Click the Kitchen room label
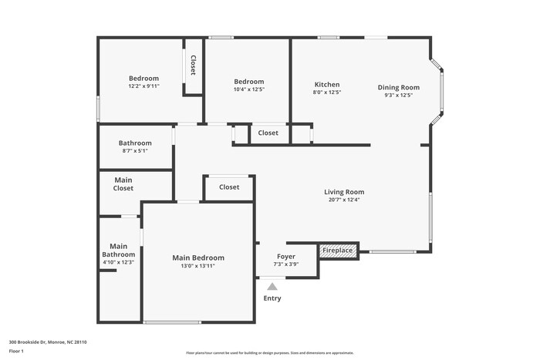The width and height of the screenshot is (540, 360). click(x=326, y=85)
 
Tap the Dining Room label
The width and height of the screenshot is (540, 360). click(x=398, y=87)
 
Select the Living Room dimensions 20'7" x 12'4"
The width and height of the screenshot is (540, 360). click(x=343, y=200)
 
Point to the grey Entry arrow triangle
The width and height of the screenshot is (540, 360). click(x=272, y=286)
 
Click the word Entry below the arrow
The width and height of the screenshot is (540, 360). click(x=272, y=298)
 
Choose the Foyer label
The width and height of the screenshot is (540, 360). click(x=285, y=257)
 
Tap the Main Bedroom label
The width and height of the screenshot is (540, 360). click(x=198, y=257)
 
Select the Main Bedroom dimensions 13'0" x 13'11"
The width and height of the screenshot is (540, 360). click(x=198, y=266)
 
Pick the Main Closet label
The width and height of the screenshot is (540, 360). click(x=123, y=183)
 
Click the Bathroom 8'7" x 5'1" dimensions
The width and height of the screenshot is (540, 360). click(x=134, y=151)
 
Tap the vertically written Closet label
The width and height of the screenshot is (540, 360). click(x=193, y=66)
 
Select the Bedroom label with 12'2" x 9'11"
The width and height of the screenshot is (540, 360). click(x=143, y=78)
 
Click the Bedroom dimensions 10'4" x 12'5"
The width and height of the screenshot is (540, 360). click(x=248, y=90)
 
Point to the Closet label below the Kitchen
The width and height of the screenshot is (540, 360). click(x=268, y=133)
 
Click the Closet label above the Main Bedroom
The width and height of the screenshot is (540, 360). click(x=229, y=187)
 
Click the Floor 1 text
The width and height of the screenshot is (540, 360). click(x=16, y=352)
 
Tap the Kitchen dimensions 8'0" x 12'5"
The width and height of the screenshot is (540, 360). click(x=327, y=93)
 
